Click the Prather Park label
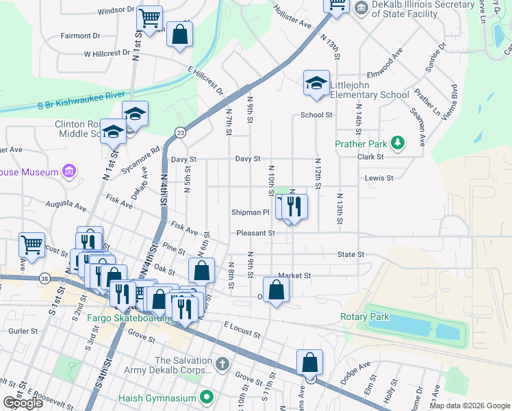(361, 144)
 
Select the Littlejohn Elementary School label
(370, 90)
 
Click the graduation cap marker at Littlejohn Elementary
(316, 83)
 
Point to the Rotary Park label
(364, 316)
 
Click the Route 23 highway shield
(179, 134)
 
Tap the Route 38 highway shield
(44, 278)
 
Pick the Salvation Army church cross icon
(221, 362)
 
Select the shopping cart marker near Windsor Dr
(149, 18)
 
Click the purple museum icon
(68, 171)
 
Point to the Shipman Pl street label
(254, 212)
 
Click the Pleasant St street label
(255, 233)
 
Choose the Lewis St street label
(379, 177)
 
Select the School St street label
(316, 115)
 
